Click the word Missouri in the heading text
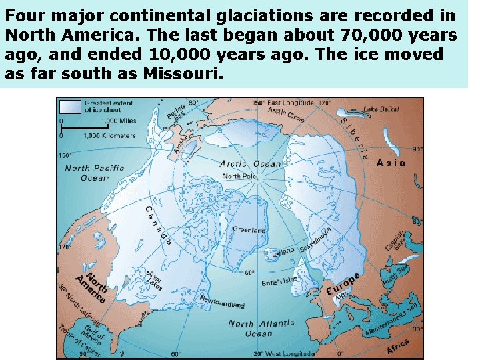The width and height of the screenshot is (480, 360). point(180,73)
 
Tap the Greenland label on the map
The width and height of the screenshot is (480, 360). point(249,230)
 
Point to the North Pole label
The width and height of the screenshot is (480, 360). point(240,177)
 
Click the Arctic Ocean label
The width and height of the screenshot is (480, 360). point(251,164)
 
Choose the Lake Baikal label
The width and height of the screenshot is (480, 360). point(381,109)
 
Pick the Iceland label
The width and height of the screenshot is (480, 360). point(283,251)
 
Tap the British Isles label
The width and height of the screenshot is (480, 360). point(279,282)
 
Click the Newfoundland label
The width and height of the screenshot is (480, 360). point(222,301)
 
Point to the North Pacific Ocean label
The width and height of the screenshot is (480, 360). point(95,173)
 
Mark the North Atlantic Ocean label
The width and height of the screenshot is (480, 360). point(261,328)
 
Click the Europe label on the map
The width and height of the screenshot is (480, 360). point(343,285)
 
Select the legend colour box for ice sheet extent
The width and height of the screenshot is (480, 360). point(69,105)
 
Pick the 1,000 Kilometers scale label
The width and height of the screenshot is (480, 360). point(109,135)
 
